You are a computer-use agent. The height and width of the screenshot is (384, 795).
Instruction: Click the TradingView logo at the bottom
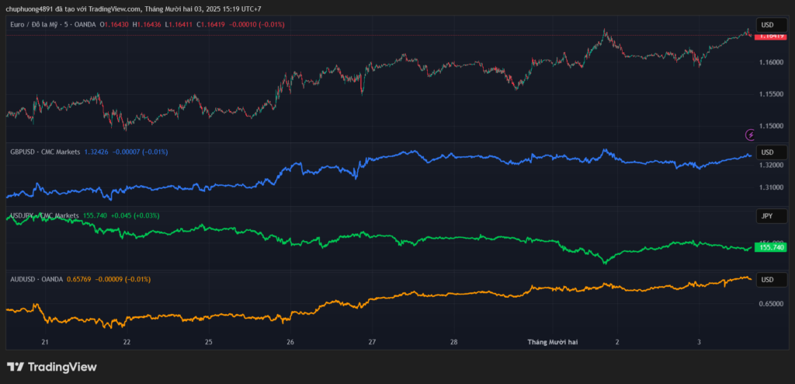[x=52, y=367]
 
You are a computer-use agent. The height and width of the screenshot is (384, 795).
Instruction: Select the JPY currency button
[x=766, y=215]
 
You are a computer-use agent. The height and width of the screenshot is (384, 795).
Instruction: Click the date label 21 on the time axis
[x=45, y=342]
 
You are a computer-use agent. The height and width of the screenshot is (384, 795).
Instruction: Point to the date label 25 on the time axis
[x=209, y=342]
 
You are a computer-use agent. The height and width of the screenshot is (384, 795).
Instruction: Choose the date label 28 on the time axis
[x=454, y=342]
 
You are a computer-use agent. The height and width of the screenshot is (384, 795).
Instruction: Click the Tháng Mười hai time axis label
[x=553, y=342]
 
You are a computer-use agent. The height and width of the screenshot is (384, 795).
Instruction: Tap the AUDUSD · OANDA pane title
[x=36, y=279]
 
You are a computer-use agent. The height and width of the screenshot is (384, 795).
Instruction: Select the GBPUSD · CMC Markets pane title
[x=45, y=152]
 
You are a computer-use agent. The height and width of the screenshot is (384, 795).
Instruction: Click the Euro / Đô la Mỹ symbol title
[x=39, y=25]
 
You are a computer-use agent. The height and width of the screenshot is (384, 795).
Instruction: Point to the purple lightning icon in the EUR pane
[x=750, y=134]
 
